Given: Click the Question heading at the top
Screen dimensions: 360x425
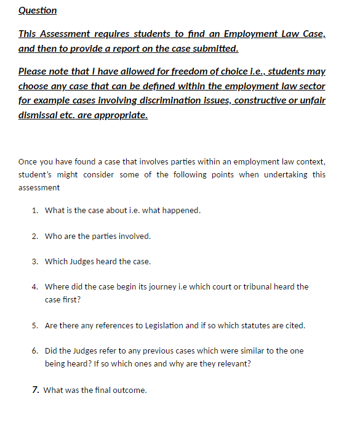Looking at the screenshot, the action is click(38, 10).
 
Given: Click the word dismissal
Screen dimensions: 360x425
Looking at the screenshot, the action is click(40, 115).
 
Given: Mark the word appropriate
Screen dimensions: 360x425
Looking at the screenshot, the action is click(121, 115).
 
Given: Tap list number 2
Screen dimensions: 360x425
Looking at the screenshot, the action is click(35, 236).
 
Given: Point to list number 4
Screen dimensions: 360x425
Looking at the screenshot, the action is click(35, 286).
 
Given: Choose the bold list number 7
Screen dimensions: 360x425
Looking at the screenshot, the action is click(36, 390).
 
